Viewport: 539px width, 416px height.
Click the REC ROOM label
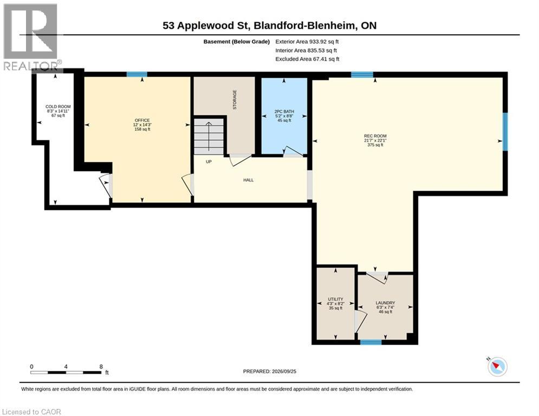[x=375, y=136]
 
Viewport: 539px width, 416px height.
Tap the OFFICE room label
[x=142, y=120]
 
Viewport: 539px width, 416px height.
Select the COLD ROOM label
[x=58, y=107]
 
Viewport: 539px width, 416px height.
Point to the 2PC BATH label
[x=284, y=112]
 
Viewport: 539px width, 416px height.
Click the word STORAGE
[x=235, y=100]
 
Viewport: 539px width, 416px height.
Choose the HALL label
[x=249, y=180]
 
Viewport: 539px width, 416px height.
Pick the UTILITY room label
[x=335, y=299]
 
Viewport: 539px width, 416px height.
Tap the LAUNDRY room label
[x=385, y=303]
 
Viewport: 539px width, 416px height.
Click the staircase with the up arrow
[x=209, y=136]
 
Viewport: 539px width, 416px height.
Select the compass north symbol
[x=497, y=367]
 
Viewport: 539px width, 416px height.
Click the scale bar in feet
[x=66, y=372]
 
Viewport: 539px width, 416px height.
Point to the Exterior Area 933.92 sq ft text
[x=307, y=42]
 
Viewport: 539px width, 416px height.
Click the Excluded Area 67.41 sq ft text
[x=307, y=59]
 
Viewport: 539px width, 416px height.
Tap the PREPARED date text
[x=270, y=371]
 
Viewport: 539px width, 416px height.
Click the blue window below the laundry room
[x=371, y=342]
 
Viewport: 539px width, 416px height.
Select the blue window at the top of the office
[x=137, y=74]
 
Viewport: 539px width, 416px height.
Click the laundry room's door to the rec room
[x=377, y=277]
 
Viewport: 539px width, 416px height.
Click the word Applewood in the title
[x=215, y=26]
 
